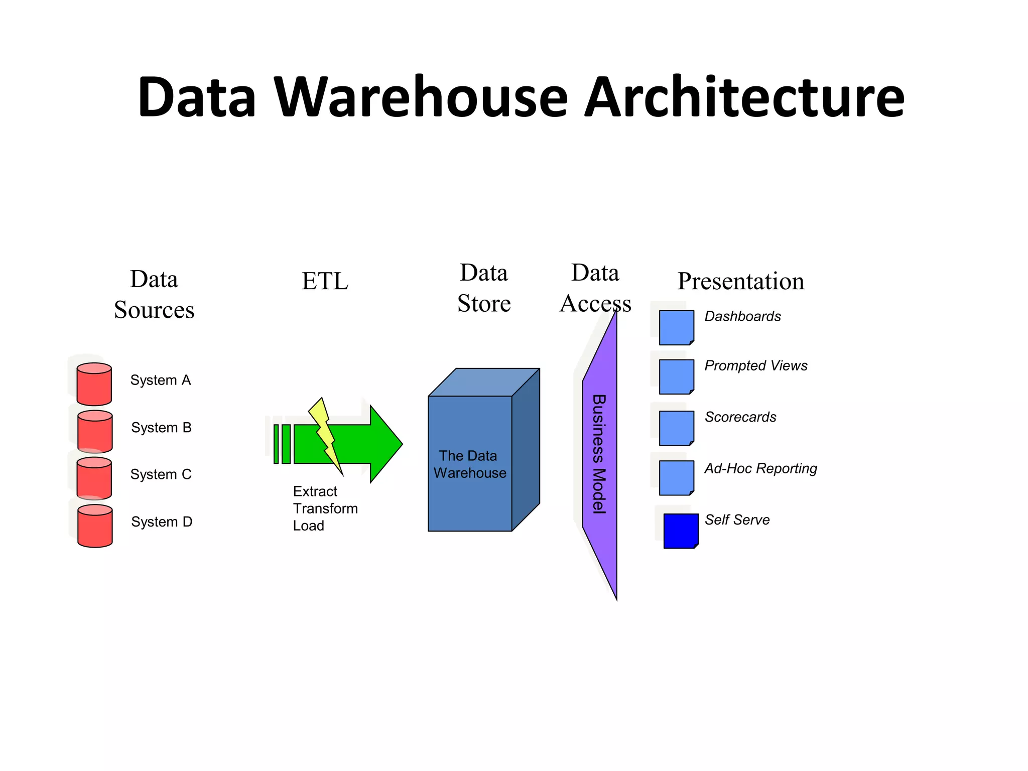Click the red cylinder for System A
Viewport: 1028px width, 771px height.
point(94,384)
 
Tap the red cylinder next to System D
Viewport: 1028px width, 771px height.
point(95,526)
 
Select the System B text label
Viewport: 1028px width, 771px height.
point(161,428)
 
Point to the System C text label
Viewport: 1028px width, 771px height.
point(161,474)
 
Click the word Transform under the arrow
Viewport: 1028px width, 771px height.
point(325,508)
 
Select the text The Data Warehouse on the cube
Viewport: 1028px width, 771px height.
point(470,464)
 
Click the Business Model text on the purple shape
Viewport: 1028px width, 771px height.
point(599,454)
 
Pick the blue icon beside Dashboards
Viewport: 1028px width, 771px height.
point(676,328)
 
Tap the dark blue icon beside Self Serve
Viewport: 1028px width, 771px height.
point(681,531)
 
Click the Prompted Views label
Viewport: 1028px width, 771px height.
point(755,366)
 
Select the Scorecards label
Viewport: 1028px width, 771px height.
point(740,417)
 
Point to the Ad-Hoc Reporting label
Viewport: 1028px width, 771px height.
point(760,469)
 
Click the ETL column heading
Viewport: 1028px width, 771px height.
point(325,281)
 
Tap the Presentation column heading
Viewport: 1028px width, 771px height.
point(740,281)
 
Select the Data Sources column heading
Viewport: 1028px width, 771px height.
point(154,295)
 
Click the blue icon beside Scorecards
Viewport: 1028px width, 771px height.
point(676,428)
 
